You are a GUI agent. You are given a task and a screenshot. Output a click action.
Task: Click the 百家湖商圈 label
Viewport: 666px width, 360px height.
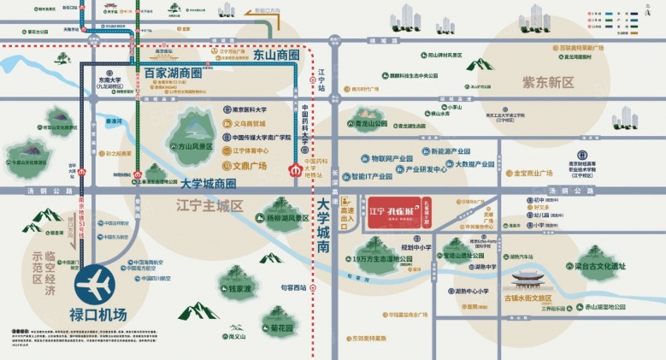(172, 74)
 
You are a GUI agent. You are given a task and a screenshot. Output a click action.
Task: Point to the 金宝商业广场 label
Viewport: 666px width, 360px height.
(539, 173)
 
